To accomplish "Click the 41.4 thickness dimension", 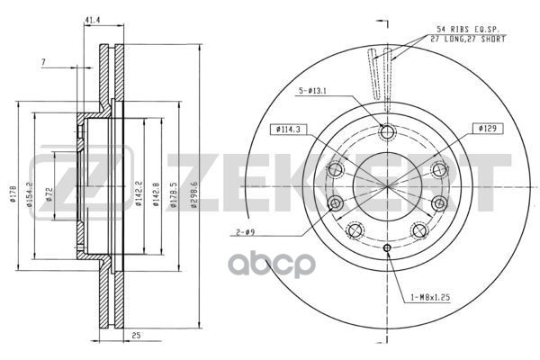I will [x=92, y=19].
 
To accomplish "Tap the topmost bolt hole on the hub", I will [x=388, y=133].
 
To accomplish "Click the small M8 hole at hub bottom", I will [x=388, y=247].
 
